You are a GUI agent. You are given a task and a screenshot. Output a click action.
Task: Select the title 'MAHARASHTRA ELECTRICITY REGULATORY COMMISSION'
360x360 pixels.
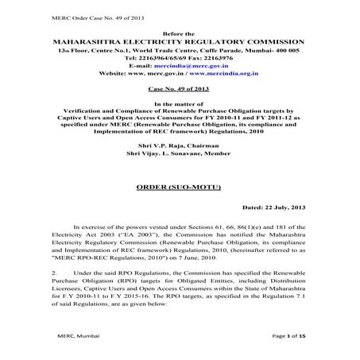[x=180, y=40]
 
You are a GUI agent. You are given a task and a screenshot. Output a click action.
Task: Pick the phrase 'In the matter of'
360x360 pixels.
[x=180, y=103]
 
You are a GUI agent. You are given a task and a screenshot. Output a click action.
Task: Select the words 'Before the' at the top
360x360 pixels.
[x=179, y=31]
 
